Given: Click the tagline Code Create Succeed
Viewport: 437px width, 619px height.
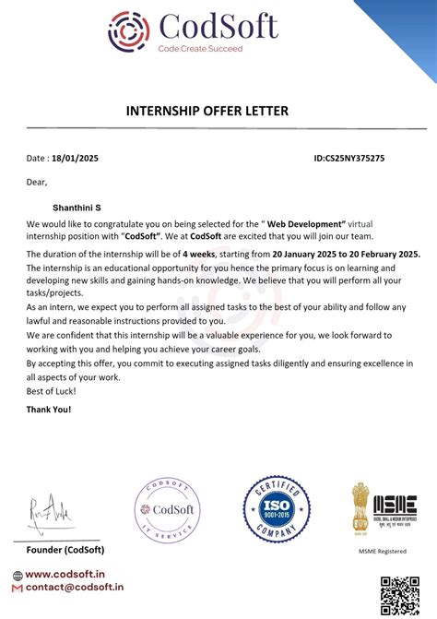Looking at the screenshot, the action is click(200, 48).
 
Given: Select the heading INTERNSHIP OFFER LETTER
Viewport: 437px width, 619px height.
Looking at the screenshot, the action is click(207, 112).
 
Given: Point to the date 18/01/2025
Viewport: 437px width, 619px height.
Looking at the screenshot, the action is click(75, 159).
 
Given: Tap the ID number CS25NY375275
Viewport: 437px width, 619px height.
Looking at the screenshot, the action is click(349, 159).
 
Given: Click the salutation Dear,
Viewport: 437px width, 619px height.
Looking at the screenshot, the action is click(36, 182).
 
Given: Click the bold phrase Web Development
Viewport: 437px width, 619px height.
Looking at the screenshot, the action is click(306, 223).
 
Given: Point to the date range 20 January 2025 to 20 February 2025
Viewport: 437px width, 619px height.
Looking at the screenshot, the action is click(347, 253).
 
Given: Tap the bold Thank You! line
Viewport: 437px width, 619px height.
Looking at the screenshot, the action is click(49, 409).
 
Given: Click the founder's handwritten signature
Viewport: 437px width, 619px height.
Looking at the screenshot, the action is click(47, 510).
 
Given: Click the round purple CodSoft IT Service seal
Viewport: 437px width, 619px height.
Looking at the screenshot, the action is click(168, 513).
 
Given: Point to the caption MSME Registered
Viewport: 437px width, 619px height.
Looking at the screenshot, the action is click(382, 551).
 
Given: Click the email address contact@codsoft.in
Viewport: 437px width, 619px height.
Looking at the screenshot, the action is click(74, 587).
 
